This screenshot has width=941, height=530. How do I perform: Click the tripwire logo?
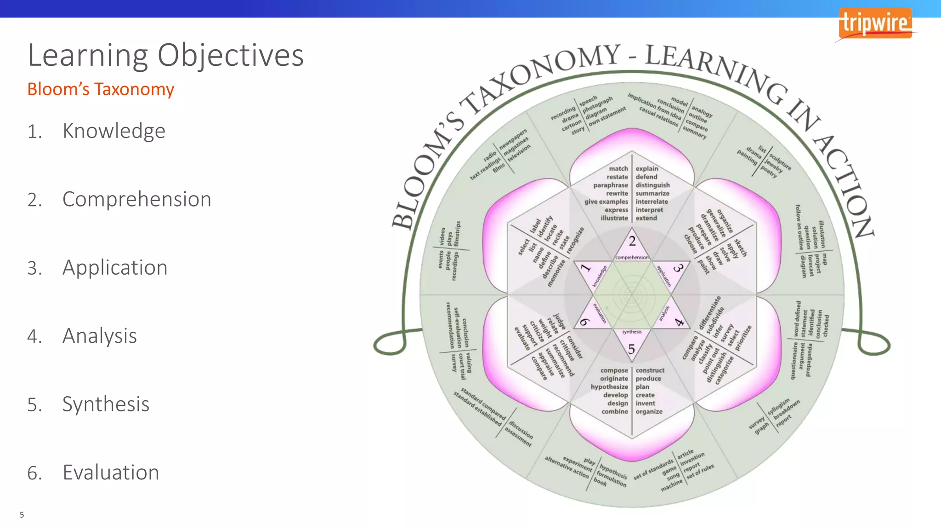(875, 23)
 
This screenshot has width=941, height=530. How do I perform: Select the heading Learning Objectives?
(165, 55)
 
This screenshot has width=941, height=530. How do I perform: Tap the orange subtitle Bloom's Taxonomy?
(101, 89)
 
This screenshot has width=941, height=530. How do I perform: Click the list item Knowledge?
(113, 131)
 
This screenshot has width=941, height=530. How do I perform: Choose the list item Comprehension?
(136, 200)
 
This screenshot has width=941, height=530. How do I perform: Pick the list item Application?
(115, 268)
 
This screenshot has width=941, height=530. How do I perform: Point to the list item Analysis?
(99, 336)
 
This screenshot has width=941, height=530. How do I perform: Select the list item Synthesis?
(106, 404)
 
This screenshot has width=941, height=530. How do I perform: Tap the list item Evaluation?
(111, 472)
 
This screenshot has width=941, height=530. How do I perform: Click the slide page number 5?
(22, 515)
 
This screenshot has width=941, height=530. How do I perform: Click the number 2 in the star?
(632, 241)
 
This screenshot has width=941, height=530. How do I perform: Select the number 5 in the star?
(632, 349)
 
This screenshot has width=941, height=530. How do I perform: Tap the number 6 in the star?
(584, 322)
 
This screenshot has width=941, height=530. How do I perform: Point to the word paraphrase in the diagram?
(610, 185)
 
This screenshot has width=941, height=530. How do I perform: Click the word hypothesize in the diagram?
(609, 387)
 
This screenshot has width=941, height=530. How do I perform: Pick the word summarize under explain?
(652, 194)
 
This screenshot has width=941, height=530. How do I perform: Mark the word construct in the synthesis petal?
(650, 370)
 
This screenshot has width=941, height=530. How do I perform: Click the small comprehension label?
(632, 258)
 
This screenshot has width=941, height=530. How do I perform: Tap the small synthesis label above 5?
(632, 332)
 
